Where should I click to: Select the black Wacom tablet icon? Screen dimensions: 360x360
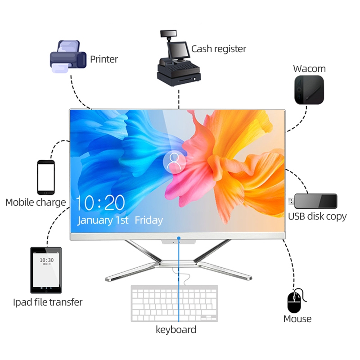click(x=309, y=90)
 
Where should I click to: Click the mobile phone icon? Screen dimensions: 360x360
click(x=45, y=177)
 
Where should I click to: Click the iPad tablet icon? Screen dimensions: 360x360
click(x=46, y=270)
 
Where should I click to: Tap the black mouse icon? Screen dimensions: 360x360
click(x=294, y=301)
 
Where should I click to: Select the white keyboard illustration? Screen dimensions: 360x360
click(x=174, y=303)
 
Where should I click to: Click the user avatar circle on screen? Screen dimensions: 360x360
click(x=174, y=162)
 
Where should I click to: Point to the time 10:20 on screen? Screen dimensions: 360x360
click(x=100, y=203)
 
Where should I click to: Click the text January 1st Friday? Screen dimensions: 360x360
click(x=120, y=220)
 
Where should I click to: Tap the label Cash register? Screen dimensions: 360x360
click(x=219, y=49)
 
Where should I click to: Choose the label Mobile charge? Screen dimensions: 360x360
click(x=36, y=202)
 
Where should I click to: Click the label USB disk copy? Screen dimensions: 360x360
click(x=317, y=216)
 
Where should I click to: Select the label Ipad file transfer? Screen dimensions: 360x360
click(x=48, y=302)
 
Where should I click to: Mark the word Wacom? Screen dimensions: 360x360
click(x=309, y=69)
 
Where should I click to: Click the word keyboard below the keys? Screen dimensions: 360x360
click(x=176, y=329)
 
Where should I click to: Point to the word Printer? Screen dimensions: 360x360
click(x=104, y=59)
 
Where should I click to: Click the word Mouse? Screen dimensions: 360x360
click(x=297, y=319)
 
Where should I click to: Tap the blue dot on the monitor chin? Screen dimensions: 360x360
click(x=179, y=238)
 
